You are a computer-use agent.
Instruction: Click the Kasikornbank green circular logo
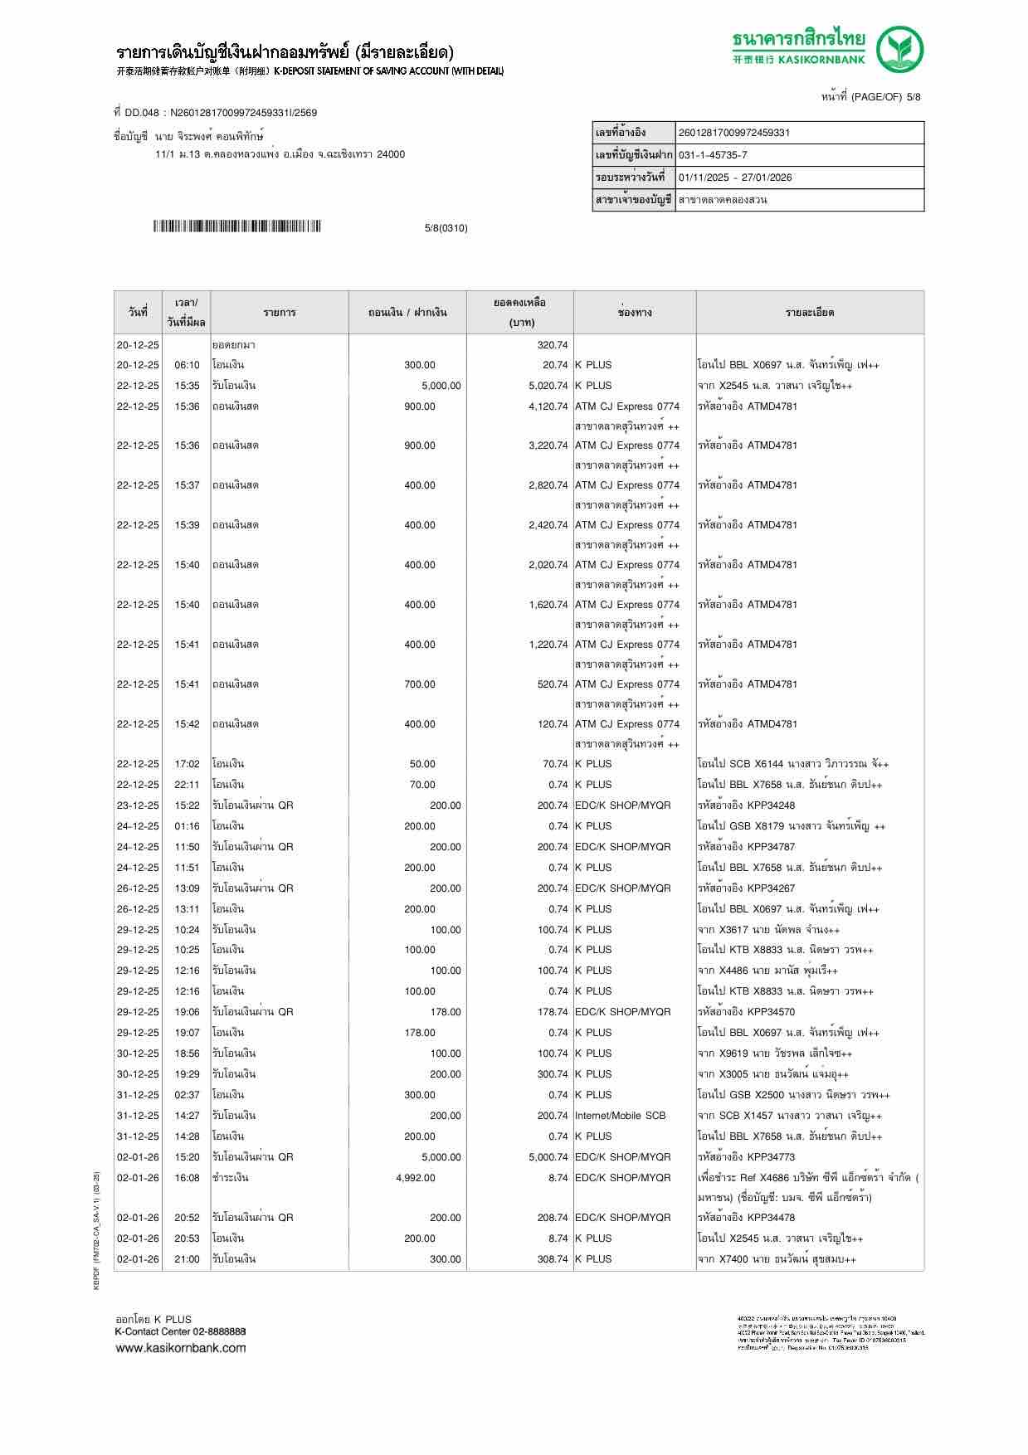pyautogui.click(x=901, y=49)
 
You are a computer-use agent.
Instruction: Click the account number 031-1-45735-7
pyautogui.click(x=713, y=155)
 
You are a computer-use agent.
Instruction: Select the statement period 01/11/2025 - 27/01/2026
pyautogui.click(x=734, y=178)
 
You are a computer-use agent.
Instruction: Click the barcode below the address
pyautogui.click(x=236, y=226)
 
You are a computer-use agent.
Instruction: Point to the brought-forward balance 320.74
pyautogui.click(x=552, y=345)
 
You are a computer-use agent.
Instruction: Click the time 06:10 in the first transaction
pyautogui.click(x=187, y=365)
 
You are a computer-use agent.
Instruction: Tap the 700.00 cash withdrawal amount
pyautogui.click(x=419, y=684)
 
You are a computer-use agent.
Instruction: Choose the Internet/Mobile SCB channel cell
pyautogui.click(x=620, y=1116)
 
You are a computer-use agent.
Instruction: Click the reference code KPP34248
pyautogui.click(x=771, y=805)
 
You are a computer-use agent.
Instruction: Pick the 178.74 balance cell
pyautogui.click(x=552, y=1012)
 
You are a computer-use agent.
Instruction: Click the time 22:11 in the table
pyautogui.click(x=187, y=785)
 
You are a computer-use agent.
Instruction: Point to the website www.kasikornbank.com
pyautogui.click(x=180, y=1348)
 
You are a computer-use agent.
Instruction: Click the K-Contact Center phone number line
pyautogui.click(x=180, y=1331)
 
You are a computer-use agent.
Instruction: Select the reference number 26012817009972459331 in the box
pyautogui.click(x=733, y=133)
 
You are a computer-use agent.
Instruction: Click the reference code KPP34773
pyautogui.click(x=771, y=1157)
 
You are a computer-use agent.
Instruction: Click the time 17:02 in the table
pyautogui.click(x=187, y=764)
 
